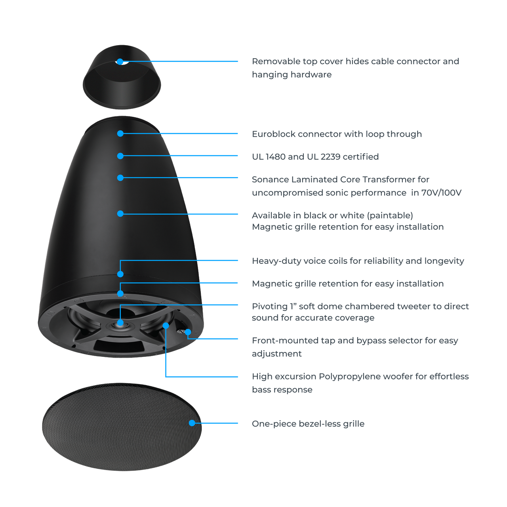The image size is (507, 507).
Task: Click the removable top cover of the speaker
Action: click(x=122, y=87)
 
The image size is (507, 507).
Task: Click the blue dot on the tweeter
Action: click(x=120, y=322)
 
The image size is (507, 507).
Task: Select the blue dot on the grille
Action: click(x=192, y=423)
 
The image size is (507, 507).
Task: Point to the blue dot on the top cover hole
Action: click(x=120, y=61)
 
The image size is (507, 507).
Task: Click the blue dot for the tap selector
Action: click(x=188, y=332)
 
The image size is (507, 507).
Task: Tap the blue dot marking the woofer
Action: click(x=166, y=326)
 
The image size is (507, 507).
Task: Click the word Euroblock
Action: click(x=274, y=134)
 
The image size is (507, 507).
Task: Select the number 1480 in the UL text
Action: click(x=275, y=156)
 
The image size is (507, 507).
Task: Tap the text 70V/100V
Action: click(x=441, y=193)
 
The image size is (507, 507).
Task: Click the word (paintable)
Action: click(x=390, y=215)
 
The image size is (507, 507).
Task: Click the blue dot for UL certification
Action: click(x=120, y=156)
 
